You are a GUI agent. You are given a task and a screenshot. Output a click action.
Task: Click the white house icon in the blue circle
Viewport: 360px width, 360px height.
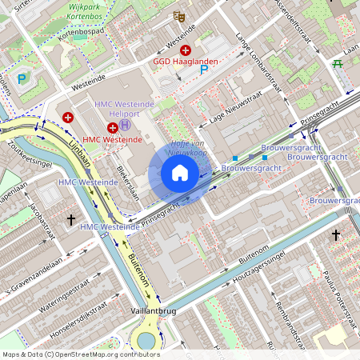point(180,174)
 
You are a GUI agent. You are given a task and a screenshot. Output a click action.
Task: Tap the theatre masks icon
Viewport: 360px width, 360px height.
point(179,15)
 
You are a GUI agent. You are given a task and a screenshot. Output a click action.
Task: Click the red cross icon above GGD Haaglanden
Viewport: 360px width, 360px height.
point(185,50)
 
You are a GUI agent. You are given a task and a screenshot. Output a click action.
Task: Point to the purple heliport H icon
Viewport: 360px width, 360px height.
point(126,126)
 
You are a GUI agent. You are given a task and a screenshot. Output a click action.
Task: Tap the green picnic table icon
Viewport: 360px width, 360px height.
point(338,63)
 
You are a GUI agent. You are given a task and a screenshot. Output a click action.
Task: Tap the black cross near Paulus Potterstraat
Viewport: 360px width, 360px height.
point(335,235)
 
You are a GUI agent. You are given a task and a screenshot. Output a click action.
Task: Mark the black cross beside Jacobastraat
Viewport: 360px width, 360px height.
point(70,218)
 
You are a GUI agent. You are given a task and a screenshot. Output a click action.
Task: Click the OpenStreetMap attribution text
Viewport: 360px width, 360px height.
point(80,354)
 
